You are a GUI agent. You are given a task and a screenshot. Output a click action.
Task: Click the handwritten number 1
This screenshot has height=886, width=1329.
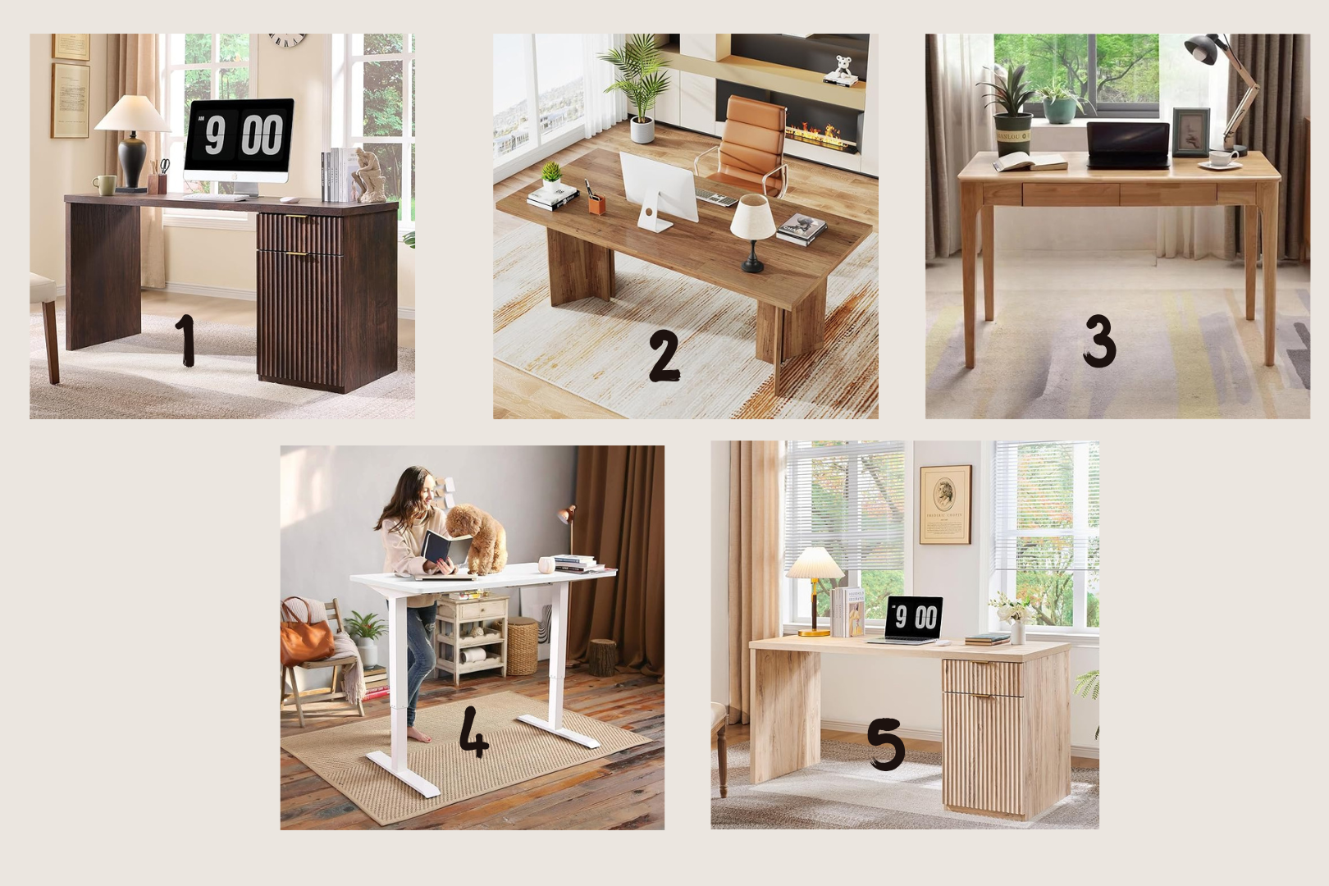click(185, 340)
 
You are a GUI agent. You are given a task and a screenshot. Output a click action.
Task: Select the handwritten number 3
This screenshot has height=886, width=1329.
click(1099, 340)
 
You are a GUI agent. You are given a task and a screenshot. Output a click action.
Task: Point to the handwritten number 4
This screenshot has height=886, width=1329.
click(474, 732)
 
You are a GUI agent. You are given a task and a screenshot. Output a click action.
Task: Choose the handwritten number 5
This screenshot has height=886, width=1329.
click(886, 744)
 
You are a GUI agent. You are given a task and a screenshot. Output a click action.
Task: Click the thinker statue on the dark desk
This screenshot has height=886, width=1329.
click(369, 176)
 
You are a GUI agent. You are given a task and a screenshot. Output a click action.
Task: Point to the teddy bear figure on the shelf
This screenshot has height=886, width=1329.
click(839, 67)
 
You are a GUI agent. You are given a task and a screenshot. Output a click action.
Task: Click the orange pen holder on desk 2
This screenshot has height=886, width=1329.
click(597, 203)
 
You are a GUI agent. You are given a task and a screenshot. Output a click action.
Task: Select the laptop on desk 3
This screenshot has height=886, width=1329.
click(1128, 145)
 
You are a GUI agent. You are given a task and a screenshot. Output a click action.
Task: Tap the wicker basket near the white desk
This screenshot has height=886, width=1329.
click(522, 646)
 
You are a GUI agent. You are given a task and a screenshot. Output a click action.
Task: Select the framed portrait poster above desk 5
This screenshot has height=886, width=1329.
click(945, 505)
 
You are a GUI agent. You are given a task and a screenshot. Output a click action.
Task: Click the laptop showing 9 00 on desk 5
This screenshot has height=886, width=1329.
click(908, 619)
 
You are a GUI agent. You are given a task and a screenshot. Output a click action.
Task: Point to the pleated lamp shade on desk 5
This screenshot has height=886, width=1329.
click(815, 563)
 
